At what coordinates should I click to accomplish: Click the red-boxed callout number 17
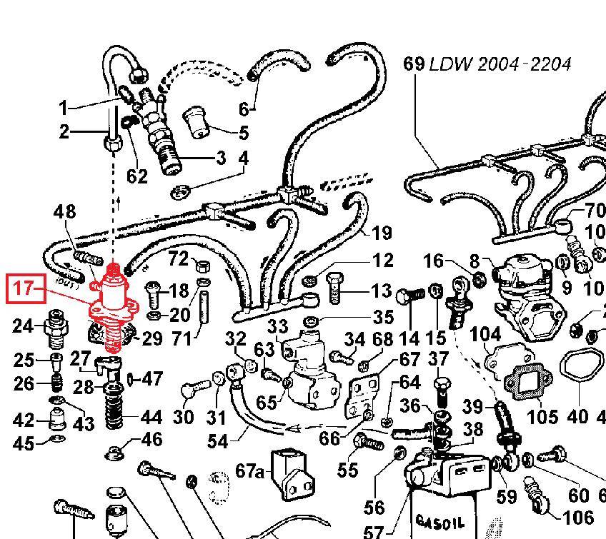24,289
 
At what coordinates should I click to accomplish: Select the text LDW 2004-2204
500,64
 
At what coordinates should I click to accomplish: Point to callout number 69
414,64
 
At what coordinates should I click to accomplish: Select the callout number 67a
249,470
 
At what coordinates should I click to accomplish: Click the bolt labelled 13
334,290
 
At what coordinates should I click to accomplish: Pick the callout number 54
217,440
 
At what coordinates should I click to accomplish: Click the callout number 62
136,176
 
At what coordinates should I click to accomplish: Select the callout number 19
382,233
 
